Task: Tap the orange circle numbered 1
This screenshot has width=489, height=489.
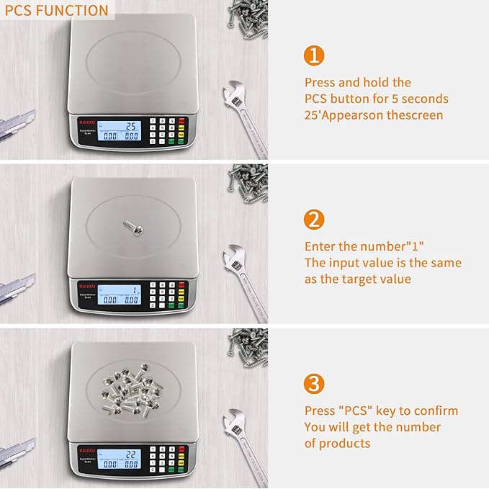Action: pyautogui.click(x=314, y=55)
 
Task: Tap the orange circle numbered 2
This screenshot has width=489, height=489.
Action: pyautogui.click(x=314, y=219)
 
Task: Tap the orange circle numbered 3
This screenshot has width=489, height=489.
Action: pyautogui.click(x=314, y=383)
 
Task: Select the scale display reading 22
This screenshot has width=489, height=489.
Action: pyautogui.click(x=120, y=459)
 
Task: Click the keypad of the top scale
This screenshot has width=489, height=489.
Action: pyautogui.click(x=168, y=131)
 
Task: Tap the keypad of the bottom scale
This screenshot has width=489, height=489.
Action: pyautogui.click(x=168, y=459)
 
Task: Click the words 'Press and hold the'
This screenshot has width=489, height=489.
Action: pyautogui.click(x=358, y=83)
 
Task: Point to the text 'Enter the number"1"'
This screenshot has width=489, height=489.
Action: pyautogui.click(x=364, y=246)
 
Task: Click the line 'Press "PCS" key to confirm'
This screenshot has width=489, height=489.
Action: pyautogui.click(x=381, y=411)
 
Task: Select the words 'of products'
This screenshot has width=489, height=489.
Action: pyautogui.click(x=337, y=443)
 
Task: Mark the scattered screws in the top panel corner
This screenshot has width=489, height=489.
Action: pyautogui.click(x=248, y=22)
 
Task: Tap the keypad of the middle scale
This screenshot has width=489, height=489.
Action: pyautogui.click(x=168, y=295)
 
